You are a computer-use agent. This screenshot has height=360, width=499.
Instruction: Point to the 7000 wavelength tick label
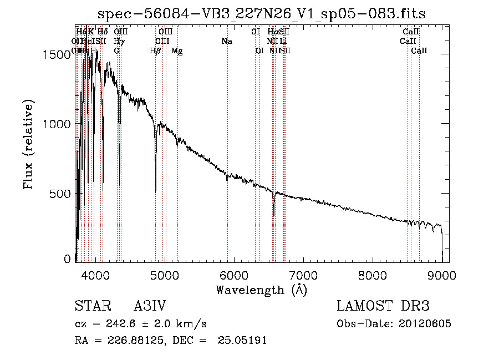(x=303, y=275)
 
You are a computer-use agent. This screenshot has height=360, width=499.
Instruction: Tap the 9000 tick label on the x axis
(x=442, y=275)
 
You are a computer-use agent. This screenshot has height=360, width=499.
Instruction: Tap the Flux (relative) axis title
(x=29, y=145)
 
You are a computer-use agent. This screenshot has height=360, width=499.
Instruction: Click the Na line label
(x=226, y=41)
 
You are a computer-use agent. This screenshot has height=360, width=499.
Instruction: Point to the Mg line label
(x=177, y=51)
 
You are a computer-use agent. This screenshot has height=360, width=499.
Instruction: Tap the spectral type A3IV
(x=150, y=307)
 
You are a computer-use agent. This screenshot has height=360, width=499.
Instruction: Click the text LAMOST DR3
(x=383, y=307)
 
